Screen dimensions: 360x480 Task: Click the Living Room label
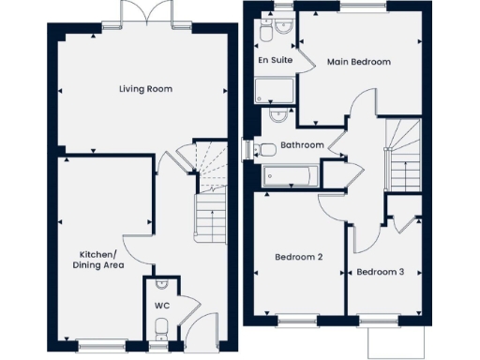(145, 89)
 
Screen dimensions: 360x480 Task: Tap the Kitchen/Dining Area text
(98, 260)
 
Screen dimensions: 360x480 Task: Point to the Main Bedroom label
(358, 62)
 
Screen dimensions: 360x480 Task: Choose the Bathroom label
(301, 145)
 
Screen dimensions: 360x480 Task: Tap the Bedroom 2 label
(298, 257)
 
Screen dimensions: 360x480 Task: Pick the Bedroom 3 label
(381, 272)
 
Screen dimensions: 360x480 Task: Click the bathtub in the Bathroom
(291, 174)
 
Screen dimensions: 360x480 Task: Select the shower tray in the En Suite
(274, 89)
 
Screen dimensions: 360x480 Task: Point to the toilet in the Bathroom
(264, 147)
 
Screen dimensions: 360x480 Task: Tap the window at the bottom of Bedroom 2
(297, 321)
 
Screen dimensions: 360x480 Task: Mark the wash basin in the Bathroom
(278, 115)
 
